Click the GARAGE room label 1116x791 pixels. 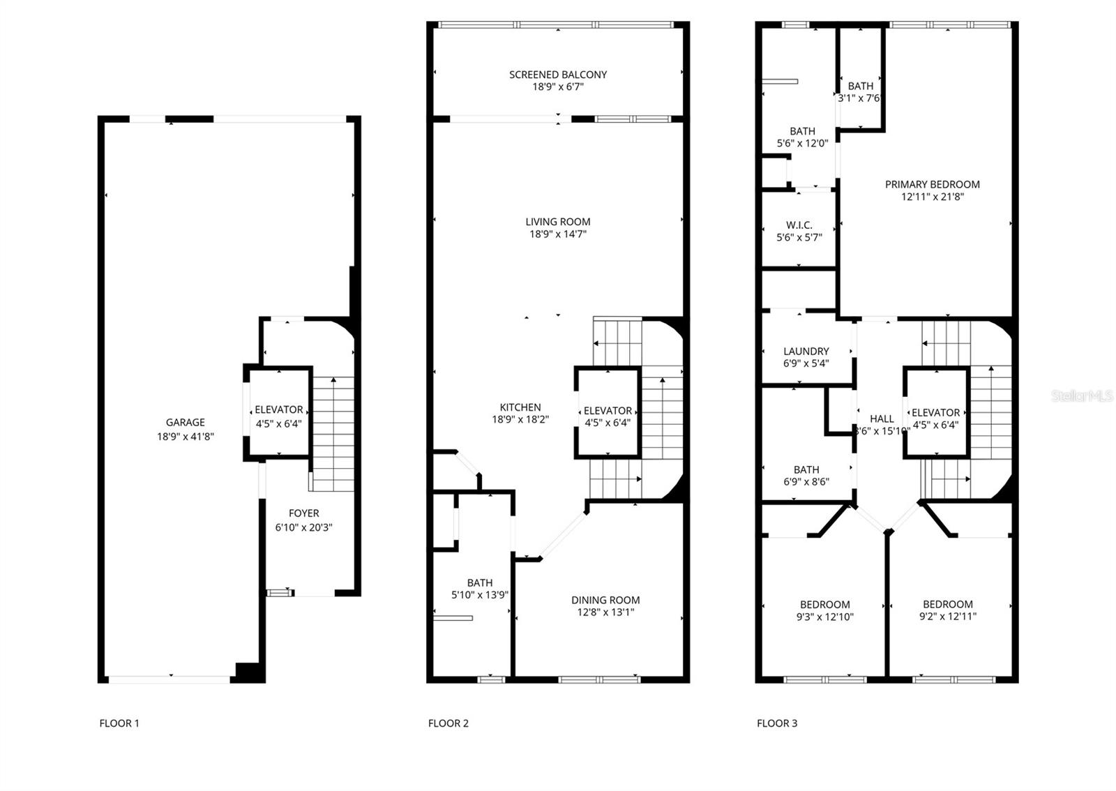tap(185, 423)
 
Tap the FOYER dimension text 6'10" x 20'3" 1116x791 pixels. tap(303, 528)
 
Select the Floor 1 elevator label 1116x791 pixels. tap(278, 410)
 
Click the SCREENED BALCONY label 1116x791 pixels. tap(557, 75)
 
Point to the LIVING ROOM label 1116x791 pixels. tap(557, 222)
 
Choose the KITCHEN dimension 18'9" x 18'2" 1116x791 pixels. tap(520, 420)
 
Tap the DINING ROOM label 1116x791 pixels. tap(605, 600)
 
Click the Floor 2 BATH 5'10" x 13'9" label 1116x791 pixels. tap(479, 583)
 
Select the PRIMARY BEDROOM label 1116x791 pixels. tap(932, 185)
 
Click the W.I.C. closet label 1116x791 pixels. tap(799, 225)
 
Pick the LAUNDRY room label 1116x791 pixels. tap(806, 352)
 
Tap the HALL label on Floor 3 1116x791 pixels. tap(882, 419)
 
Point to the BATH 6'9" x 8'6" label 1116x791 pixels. tap(806, 470)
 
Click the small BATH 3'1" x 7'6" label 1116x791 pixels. tap(860, 86)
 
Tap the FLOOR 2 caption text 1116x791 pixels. tap(448, 723)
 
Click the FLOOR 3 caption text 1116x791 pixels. tap(776, 723)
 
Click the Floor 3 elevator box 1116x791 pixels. tap(935, 413)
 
